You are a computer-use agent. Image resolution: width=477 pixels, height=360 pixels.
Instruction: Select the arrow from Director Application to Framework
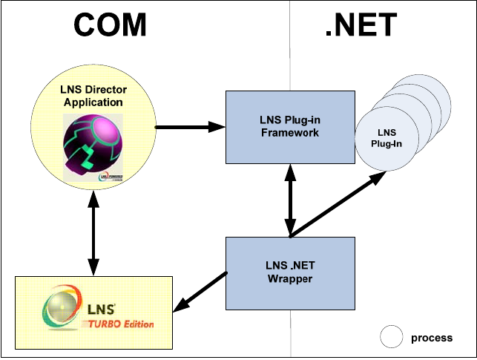click(189, 127)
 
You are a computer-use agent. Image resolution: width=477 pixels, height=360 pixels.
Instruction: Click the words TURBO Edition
click(122, 324)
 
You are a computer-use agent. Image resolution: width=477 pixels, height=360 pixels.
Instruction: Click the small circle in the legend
click(392, 337)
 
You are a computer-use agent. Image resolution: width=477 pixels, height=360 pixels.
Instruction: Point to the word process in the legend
click(431, 338)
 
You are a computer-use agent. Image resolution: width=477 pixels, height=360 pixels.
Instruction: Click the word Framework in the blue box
click(289, 133)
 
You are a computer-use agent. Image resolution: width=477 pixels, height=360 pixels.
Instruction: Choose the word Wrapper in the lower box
click(290, 279)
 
